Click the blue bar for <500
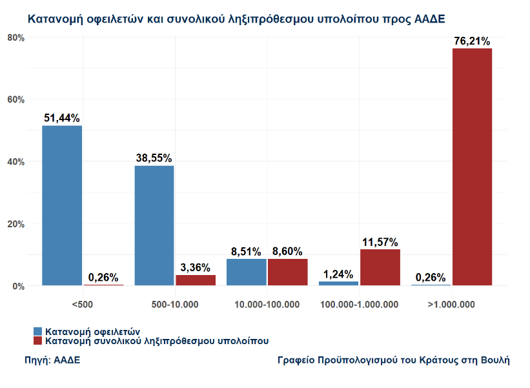tap(62, 205)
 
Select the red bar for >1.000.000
tap(472, 167)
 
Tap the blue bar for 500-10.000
tap(154, 225)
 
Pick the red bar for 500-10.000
tap(196, 280)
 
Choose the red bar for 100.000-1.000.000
tap(380, 267)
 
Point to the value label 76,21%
tap(473, 41)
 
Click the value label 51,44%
tap(62, 118)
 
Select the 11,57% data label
tap(380, 242)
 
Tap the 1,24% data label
tap(338, 274)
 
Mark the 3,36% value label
tap(196, 267)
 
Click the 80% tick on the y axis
tap(15, 37)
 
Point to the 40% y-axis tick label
tap(15, 162)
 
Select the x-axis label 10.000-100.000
tap(267, 304)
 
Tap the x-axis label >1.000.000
tap(451, 304)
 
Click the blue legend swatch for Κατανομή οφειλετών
tap(37, 331)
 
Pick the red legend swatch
tap(37, 340)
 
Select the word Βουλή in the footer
tap(494, 360)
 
